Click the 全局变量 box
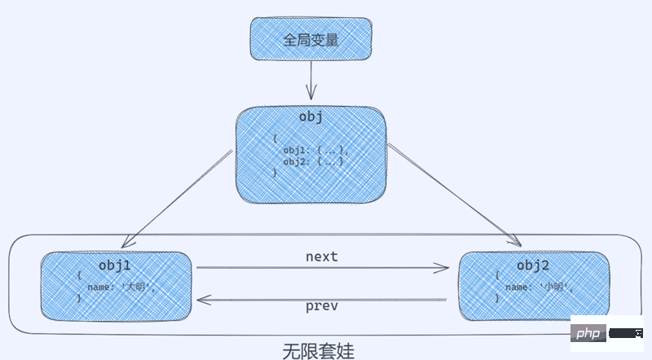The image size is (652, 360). pyautogui.click(x=310, y=38)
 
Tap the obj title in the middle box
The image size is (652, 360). pyautogui.click(x=311, y=116)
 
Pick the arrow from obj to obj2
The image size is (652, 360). pyautogui.click(x=453, y=195)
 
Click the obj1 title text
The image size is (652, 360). pyautogui.click(x=115, y=265)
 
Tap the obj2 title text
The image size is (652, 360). pyautogui.click(x=533, y=266)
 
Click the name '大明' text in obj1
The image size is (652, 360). pyautogui.click(x=121, y=288)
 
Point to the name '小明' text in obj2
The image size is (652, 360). pyautogui.click(x=539, y=288)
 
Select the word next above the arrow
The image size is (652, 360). pyautogui.click(x=321, y=257)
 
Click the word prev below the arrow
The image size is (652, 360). pyautogui.click(x=321, y=307)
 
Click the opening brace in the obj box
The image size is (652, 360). pyautogui.click(x=275, y=139)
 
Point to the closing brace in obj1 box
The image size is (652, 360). pyautogui.click(x=79, y=299)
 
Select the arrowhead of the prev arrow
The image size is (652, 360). pyautogui.click(x=203, y=300)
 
